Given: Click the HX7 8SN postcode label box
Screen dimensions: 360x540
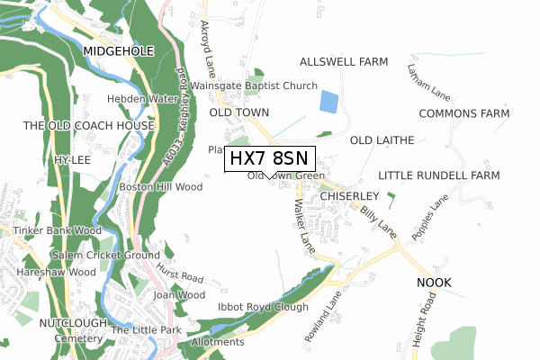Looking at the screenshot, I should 270,157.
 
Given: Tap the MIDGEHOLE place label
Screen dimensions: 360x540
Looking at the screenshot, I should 119,53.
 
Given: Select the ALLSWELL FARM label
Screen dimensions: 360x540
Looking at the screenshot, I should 343,62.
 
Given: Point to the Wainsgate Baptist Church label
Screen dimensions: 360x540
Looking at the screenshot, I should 254,86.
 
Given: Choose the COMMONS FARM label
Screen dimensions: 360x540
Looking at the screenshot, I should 464,113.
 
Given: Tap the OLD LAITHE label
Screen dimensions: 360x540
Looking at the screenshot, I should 382,140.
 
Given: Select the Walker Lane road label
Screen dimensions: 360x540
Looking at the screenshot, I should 302,225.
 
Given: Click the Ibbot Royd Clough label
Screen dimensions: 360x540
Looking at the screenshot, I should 263,308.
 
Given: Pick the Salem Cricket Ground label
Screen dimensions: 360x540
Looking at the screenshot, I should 105,256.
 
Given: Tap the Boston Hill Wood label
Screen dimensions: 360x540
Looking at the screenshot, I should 160,187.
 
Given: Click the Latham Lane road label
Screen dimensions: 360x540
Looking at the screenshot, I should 427,79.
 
